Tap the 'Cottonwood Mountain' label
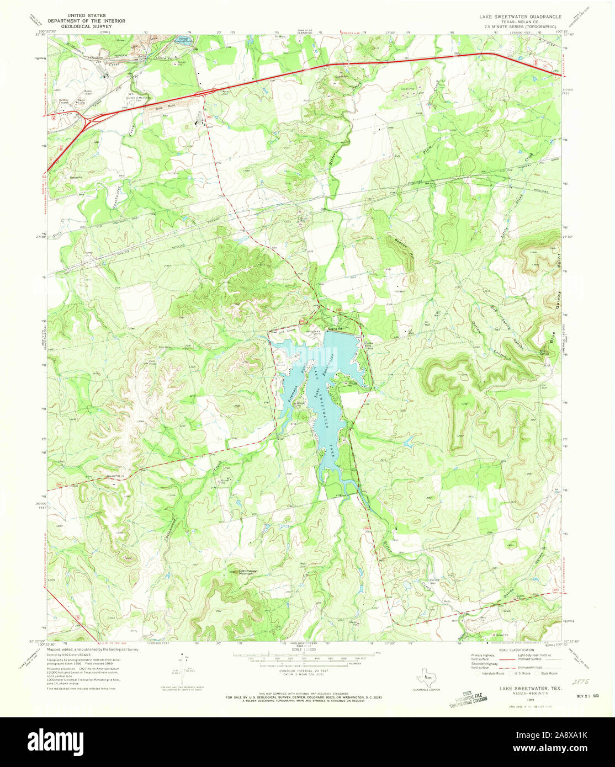coord(238,572)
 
